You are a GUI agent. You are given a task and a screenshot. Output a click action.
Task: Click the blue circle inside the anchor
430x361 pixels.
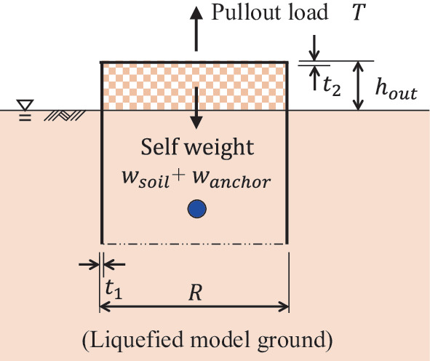[196, 210]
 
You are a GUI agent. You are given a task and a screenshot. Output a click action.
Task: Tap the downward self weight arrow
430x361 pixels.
[195, 109]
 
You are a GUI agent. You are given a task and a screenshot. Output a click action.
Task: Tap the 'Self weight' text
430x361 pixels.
[197, 148]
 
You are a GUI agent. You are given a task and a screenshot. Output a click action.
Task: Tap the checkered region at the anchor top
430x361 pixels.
[146, 86]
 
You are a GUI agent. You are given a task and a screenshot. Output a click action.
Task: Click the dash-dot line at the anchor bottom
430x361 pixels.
[194, 243]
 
